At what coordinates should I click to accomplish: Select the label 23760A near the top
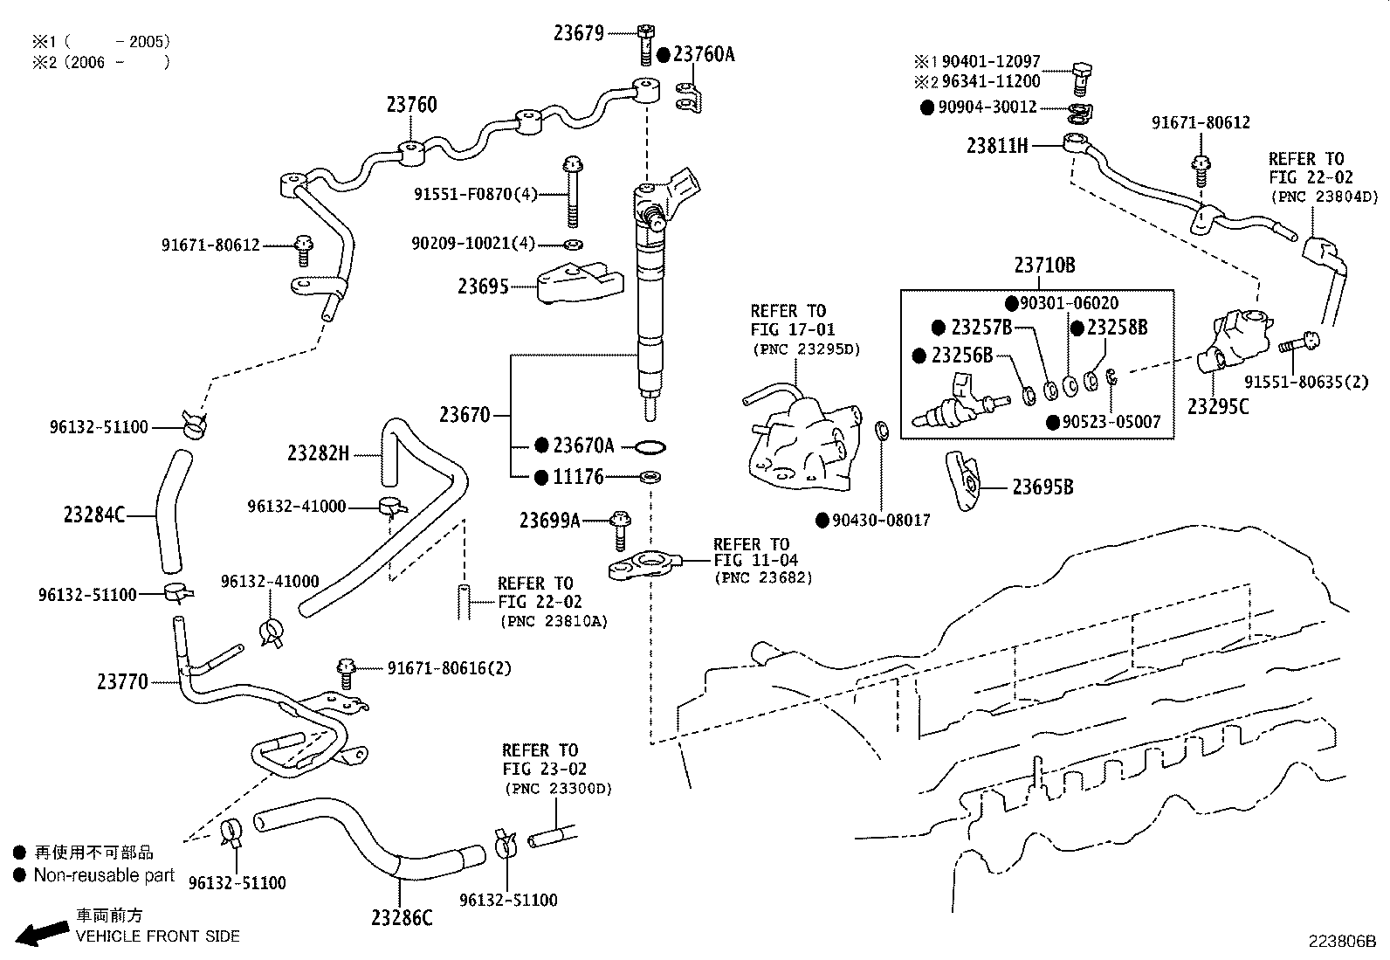coord(704,54)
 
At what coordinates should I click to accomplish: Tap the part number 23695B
coord(1042,487)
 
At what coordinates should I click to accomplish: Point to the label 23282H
coord(318,453)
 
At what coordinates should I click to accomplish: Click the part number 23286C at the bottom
coord(402,917)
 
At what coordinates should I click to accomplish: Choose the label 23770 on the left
coord(122,681)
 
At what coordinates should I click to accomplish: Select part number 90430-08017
coord(881,521)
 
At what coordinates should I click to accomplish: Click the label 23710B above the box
coord(1044,266)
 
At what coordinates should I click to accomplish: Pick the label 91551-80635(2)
coord(1306,382)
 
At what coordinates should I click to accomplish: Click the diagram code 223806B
coord(1341,942)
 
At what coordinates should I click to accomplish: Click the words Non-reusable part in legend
coord(104,875)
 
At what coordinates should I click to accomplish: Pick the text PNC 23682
coord(763,577)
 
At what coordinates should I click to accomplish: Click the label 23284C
coord(94,515)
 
